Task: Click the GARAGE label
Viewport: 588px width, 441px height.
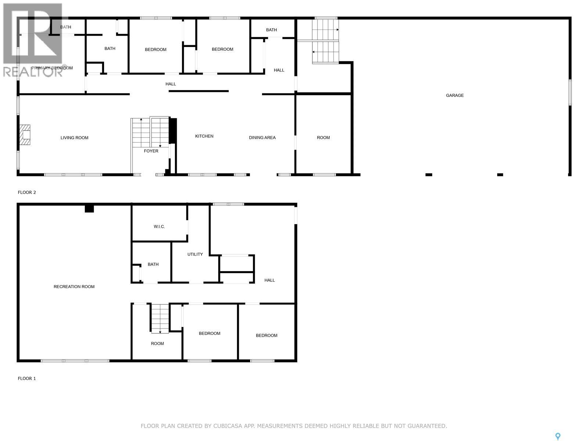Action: pos(455,96)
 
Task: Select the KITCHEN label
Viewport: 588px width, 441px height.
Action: pos(204,136)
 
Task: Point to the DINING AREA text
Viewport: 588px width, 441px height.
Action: pos(262,138)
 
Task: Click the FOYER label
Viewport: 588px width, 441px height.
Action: pos(151,151)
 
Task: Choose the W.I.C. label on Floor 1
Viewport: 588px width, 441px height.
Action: pos(159,227)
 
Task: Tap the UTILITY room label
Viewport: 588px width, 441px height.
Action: pos(195,254)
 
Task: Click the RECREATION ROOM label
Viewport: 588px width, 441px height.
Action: pos(74,287)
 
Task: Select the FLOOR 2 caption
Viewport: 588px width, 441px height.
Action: pos(27,193)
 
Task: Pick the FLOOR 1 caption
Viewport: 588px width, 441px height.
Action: pos(27,379)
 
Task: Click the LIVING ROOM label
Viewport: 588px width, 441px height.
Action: pos(74,138)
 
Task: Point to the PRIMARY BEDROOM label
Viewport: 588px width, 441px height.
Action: pos(52,68)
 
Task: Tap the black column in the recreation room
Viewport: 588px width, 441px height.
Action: pos(89,209)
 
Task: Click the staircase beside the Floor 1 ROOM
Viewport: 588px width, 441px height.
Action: pos(160,318)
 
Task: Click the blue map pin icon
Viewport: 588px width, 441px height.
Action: pos(557,436)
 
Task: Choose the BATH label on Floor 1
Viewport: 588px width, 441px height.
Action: pos(153,265)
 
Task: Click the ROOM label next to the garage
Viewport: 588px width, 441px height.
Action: pos(323,138)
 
